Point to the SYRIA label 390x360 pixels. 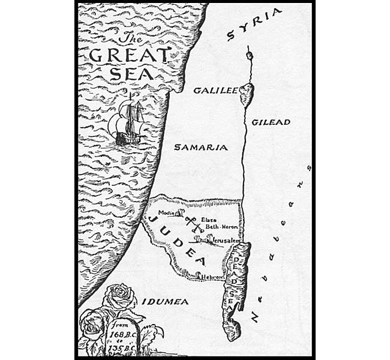pos(254,25)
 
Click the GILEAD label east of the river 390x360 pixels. pos(271,122)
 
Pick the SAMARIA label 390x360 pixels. pos(201,147)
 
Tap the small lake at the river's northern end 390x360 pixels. pos(249,55)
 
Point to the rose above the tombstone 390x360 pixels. pos(120,298)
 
